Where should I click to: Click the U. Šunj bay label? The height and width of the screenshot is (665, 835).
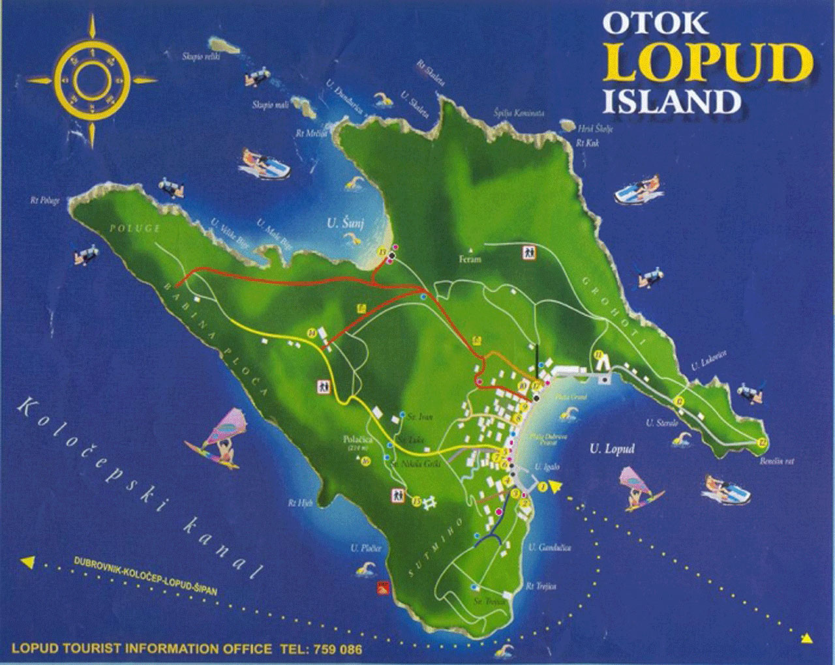click(x=346, y=224)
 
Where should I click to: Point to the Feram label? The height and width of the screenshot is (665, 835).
click(x=470, y=259)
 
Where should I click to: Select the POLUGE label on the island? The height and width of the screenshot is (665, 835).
click(x=135, y=228)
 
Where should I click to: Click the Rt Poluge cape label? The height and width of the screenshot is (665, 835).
click(x=44, y=200)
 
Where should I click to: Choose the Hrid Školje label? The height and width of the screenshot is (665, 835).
click(x=596, y=129)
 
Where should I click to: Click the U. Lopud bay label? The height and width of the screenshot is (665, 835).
click(x=612, y=449)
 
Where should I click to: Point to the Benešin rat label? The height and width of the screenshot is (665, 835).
click(x=777, y=461)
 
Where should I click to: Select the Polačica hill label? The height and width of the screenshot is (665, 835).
click(x=358, y=440)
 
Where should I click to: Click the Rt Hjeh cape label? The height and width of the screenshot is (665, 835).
click(x=301, y=503)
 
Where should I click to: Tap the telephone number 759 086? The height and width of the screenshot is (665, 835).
click(x=338, y=649)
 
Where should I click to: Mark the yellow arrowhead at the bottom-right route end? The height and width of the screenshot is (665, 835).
click(x=807, y=638)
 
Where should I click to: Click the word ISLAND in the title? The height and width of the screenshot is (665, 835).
click(x=671, y=102)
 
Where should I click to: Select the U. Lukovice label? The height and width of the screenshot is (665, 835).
click(x=710, y=361)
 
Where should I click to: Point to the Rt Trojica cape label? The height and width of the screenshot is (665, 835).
click(x=541, y=586)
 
